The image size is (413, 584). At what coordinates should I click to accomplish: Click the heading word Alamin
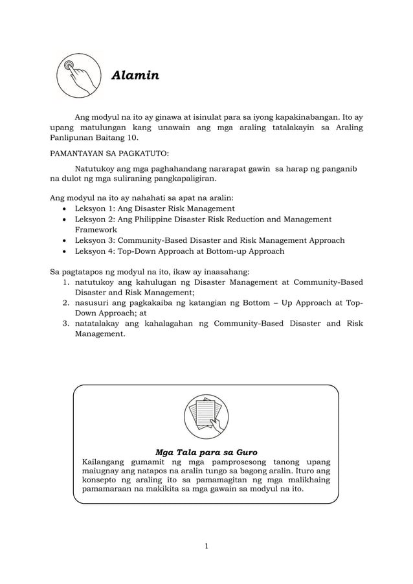click(135, 76)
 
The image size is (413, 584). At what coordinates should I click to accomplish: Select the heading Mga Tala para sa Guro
click(206, 451)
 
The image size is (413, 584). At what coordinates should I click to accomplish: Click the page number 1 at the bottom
click(206, 546)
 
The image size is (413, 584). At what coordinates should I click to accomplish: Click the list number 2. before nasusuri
click(66, 303)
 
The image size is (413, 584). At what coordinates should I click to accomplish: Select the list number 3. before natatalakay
click(66, 323)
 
